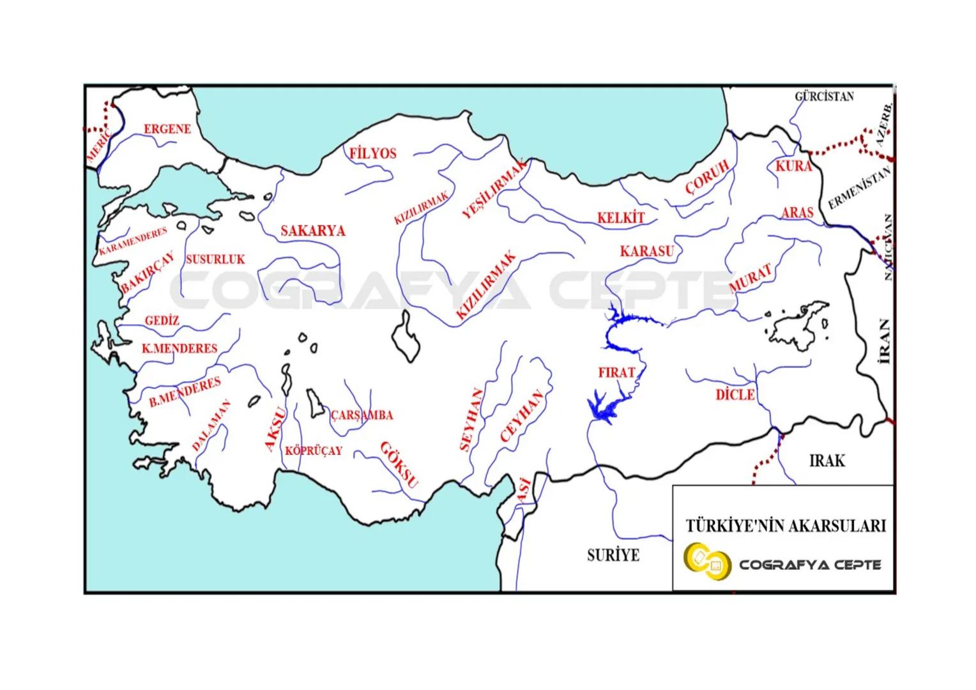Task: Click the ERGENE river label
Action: tap(167, 129)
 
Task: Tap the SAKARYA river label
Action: tap(312, 231)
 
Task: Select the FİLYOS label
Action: tap(372, 154)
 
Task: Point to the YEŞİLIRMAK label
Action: tap(494, 189)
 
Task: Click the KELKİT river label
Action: tap(621, 218)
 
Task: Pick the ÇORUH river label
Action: tap(707, 177)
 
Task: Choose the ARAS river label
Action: tap(797, 213)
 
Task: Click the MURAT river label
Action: tap(751, 279)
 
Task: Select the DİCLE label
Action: tap(735, 395)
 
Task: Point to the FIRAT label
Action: tap(616, 372)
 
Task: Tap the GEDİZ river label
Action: tap(162, 321)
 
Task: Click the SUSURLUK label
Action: tap(215, 259)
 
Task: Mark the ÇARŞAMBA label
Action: tap(362, 415)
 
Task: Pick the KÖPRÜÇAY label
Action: tap(313, 450)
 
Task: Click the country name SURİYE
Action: tap(613, 555)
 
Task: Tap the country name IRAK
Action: tap(827, 461)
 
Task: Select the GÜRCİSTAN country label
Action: tap(824, 97)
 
